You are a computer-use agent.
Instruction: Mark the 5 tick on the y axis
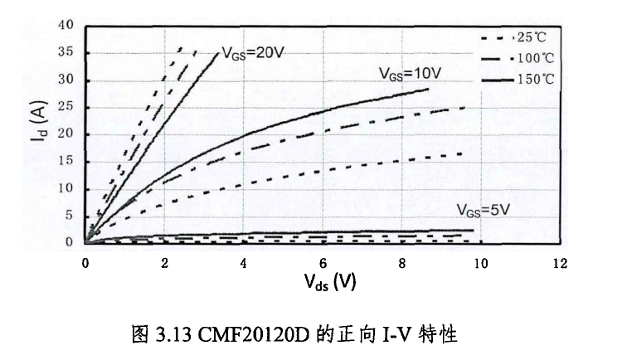(71, 216)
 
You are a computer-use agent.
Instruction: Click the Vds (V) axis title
(329, 281)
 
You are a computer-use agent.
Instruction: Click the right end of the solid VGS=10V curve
(429, 89)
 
